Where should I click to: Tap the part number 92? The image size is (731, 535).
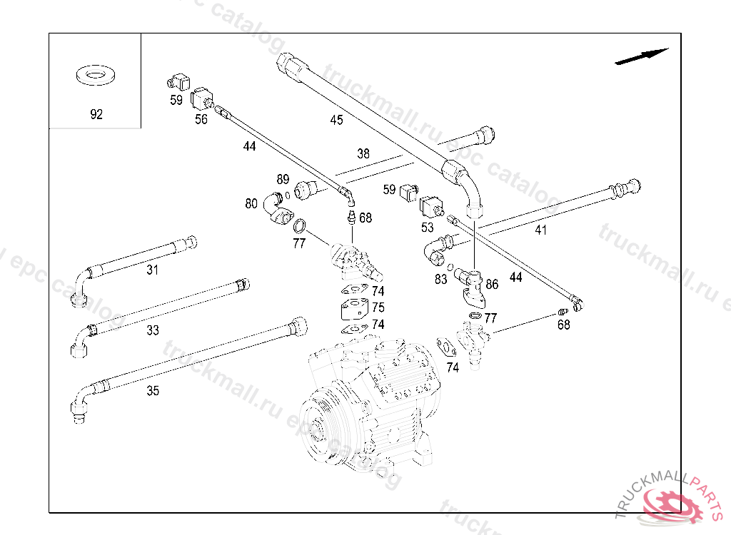pyautogui.click(x=96, y=114)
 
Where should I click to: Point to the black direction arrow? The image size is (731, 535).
pyautogui.click(x=641, y=56)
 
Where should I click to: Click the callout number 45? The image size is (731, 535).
pyautogui.click(x=336, y=120)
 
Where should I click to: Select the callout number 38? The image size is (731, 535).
pyautogui.click(x=363, y=153)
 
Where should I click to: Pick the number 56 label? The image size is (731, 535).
pyautogui.click(x=201, y=119)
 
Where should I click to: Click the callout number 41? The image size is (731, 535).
pyautogui.click(x=540, y=230)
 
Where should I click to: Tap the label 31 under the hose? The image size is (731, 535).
pyautogui.click(x=152, y=270)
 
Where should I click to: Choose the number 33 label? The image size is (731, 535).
pyautogui.click(x=153, y=330)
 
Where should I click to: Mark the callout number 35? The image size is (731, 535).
pyautogui.click(x=153, y=391)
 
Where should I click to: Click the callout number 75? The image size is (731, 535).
pyautogui.click(x=378, y=307)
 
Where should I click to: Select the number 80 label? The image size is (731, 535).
pyautogui.click(x=251, y=203)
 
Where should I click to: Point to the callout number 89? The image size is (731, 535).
pyautogui.click(x=283, y=179)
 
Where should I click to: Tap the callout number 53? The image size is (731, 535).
pyautogui.click(x=427, y=228)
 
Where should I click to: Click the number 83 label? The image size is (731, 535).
pyautogui.click(x=440, y=280)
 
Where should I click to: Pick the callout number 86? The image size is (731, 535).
pyautogui.click(x=491, y=284)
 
